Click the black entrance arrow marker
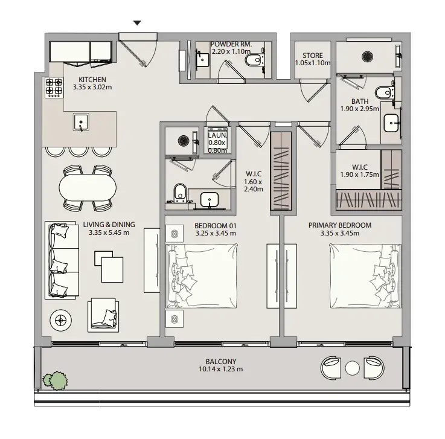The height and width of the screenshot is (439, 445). (137, 23)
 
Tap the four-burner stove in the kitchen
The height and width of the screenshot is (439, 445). (54, 88)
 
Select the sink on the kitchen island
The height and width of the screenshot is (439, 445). (81, 122)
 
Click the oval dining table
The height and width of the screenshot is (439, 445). (88, 188)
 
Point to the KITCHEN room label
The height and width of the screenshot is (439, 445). (92, 80)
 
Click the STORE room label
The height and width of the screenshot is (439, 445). (312, 56)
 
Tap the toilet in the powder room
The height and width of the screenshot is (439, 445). (254, 60)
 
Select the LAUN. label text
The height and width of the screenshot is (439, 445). (217, 135)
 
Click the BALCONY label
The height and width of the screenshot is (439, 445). (221, 362)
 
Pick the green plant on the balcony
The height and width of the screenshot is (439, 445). (56, 380)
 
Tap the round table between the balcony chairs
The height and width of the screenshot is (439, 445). (352, 368)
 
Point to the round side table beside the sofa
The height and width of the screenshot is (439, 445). (60, 321)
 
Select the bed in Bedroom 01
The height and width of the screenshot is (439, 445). (202, 276)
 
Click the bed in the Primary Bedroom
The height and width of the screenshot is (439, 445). (365, 276)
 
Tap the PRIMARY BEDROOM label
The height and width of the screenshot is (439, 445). (340, 225)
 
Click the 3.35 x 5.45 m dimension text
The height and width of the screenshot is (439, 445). (109, 232)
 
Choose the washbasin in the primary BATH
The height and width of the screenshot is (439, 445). (392, 123)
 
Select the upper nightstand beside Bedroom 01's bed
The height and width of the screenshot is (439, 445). (174, 234)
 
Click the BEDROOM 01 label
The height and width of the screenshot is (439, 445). (216, 226)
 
